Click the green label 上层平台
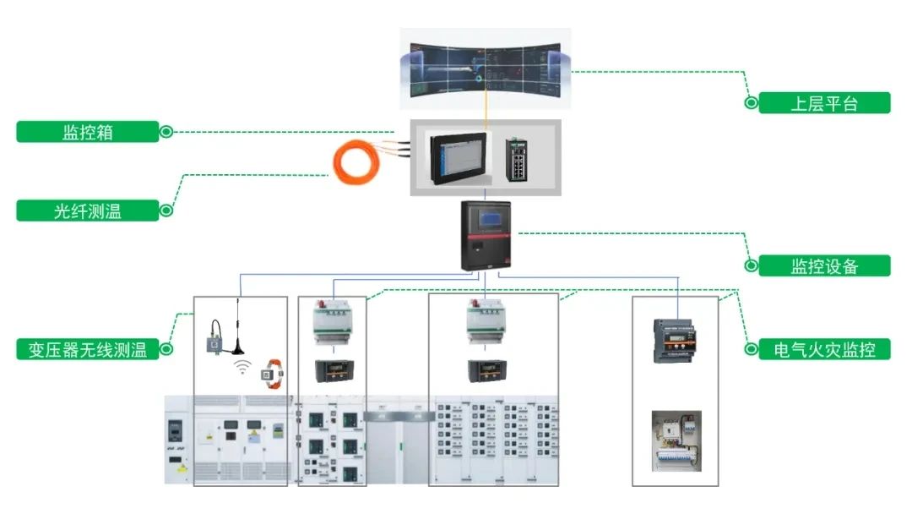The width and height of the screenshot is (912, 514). (824, 103)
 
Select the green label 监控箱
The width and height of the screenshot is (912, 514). (88, 132)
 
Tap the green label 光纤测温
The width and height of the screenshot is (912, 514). (88, 211)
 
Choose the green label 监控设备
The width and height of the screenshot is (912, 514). (824, 265)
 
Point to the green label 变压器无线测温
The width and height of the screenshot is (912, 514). (88, 348)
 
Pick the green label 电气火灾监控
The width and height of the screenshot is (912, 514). (824, 348)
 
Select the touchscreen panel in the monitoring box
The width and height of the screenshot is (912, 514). (460, 157)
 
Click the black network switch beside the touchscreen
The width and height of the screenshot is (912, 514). (518, 158)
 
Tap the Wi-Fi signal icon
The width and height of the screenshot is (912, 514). (242, 368)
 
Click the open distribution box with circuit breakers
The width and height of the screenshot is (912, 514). (676, 440)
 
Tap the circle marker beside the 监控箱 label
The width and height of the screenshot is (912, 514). (166, 132)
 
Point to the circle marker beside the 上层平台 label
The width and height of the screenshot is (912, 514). (750, 103)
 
